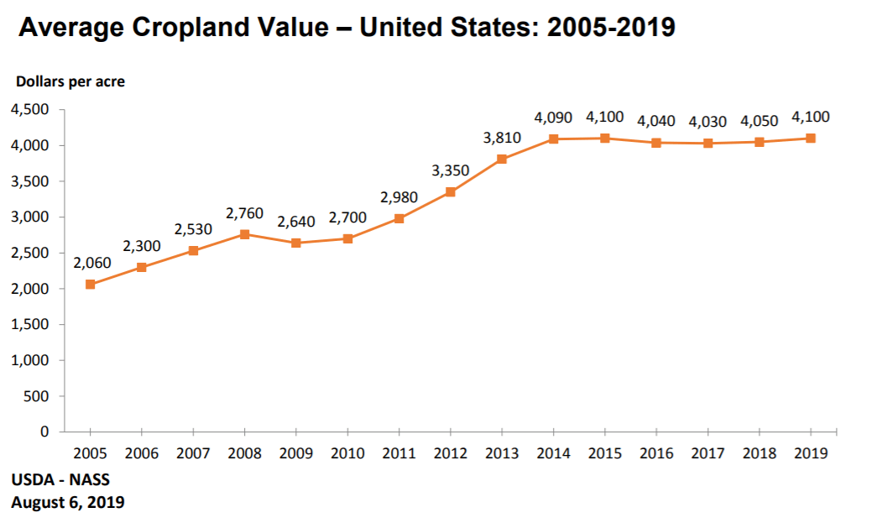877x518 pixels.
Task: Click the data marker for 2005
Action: pyautogui.click(x=90, y=285)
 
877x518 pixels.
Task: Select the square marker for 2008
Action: pyautogui.click(x=244, y=234)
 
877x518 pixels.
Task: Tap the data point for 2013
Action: pyautogui.click(x=502, y=159)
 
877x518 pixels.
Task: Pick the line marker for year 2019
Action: pyautogui.click(x=811, y=139)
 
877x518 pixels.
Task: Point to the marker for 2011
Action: pyautogui.click(x=399, y=218)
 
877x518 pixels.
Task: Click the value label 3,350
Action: pyautogui.click(x=451, y=170)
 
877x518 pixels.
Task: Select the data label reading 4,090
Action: pyautogui.click(x=554, y=118)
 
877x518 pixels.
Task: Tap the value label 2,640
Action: pyautogui.click(x=296, y=222)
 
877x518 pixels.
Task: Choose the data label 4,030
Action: pyautogui.click(x=707, y=122)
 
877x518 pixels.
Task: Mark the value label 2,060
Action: pyautogui.click(x=91, y=263)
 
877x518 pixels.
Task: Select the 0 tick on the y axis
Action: pyautogui.click(x=44, y=432)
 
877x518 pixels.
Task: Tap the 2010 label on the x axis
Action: pyautogui.click(x=347, y=453)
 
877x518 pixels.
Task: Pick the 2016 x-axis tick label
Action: pyautogui.click(x=656, y=453)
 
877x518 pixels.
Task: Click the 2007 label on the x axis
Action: pyautogui.click(x=193, y=453)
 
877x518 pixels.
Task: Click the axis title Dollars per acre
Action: pyautogui.click(x=70, y=81)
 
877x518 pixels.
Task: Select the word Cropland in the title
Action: pyautogui.click(x=196, y=28)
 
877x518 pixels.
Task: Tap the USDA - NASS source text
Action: pyautogui.click(x=60, y=480)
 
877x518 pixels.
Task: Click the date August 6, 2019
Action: pyautogui.click(x=68, y=502)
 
